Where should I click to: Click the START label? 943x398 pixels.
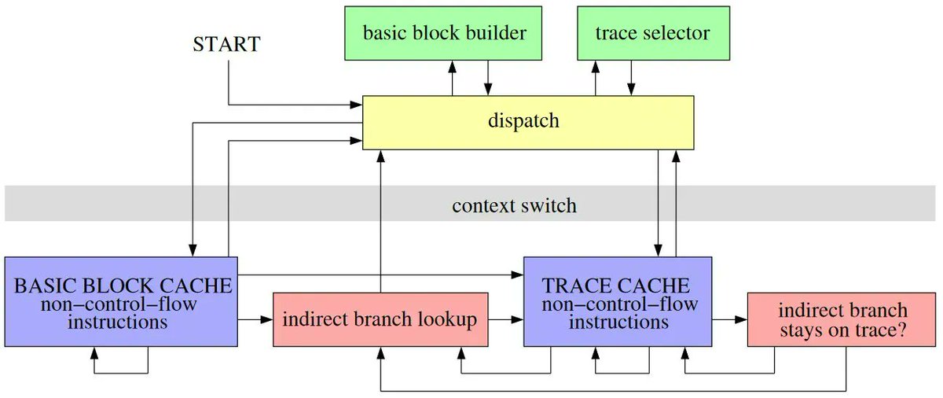226,44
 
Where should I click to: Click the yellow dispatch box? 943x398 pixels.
527,122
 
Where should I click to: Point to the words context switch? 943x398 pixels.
514,206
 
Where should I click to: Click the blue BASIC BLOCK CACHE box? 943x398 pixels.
122,301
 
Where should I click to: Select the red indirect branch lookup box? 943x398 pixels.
380,319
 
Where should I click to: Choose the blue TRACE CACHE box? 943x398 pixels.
618,301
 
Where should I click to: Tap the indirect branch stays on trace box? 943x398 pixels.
842,319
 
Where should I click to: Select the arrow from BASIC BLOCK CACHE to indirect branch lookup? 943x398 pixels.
255,320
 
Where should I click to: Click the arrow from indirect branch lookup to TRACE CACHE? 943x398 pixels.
506,320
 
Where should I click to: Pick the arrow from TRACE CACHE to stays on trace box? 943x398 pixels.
729,320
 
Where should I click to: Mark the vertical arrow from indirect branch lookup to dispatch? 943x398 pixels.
381,220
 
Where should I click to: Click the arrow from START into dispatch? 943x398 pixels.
291,104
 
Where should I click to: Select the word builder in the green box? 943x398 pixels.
498,33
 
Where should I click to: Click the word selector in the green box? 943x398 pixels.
680,33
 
